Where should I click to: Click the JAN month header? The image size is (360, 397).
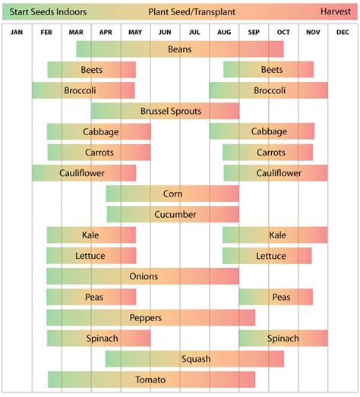[x=17, y=32]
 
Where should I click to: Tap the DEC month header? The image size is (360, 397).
[x=343, y=32]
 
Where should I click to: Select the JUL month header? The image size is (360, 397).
[x=194, y=32]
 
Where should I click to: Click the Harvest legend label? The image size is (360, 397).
[x=335, y=12]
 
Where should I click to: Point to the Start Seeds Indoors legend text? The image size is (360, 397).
[x=48, y=12]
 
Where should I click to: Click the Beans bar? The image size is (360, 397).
[x=180, y=49]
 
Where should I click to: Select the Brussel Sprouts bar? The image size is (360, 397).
[x=166, y=112]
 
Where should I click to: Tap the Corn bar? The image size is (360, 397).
[x=172, y=194]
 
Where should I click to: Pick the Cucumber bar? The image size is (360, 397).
[x=173, y=215]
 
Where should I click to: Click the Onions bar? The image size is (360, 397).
[x=143, y=276]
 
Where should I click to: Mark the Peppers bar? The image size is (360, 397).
[x=150, y=317]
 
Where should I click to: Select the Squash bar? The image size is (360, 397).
[x=194, y=359]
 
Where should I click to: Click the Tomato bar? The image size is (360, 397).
[x=151, y=380]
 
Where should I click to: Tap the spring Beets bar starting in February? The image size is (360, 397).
[x=91, y=70]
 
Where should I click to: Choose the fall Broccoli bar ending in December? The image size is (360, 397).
[x=268, y=90]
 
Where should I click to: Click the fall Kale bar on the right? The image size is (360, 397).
[x=275, y=235]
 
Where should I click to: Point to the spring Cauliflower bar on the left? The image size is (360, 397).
[x=84, y=173]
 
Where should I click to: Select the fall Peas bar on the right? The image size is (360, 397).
[x=276, y=297]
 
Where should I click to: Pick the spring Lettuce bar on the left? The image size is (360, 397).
[x=91, y=256]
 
